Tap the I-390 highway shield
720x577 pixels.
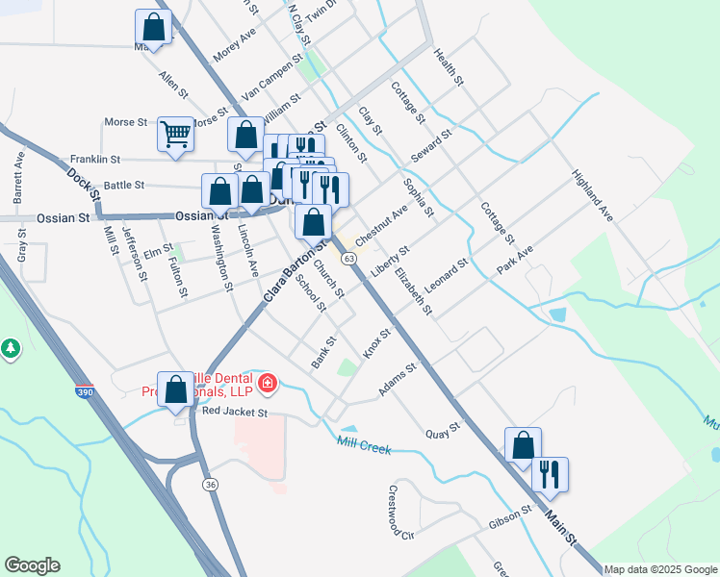coord(85,393)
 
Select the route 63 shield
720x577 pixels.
coord(348,260)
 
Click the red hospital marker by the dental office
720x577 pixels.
coord(267,386)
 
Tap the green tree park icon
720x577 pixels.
coord(11,348)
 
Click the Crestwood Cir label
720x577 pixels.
coord(400,512)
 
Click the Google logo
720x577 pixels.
coord(32,565)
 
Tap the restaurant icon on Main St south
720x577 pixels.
coord(550,474)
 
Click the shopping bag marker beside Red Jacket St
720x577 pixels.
coord(176,390)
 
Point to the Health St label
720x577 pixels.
coord(450,68)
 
